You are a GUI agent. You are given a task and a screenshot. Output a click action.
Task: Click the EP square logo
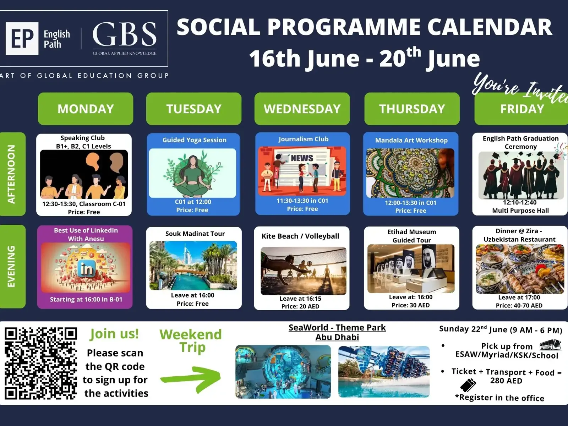click(22, 38)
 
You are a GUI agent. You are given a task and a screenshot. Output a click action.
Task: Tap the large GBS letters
click(125, 34)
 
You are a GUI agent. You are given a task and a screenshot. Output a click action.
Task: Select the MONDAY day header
click(86, 109)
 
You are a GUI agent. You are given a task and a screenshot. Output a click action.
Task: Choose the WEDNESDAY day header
click(302, 109)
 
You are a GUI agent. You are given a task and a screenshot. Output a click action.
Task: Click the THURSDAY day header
click(412, 109)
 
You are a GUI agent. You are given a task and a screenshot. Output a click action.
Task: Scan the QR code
click(41, 363)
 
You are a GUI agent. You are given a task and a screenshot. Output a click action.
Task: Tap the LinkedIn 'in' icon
click(86, 269)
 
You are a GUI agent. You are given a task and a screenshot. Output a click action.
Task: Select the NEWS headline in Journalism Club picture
click(302, 158)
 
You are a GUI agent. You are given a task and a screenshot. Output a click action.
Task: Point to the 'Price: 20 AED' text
click(300, 306)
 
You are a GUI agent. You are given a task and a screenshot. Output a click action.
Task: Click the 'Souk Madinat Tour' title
click(195, 234)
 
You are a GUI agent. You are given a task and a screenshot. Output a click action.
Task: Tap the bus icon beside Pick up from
click(550, 345)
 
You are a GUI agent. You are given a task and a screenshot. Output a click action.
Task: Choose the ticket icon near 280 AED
click(468, 385)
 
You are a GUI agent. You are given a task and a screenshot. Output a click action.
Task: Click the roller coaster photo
click(384, 372)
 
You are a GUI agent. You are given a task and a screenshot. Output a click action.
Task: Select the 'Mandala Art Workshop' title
click(411, 140)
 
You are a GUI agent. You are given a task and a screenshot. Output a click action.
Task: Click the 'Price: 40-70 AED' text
click(519, 305)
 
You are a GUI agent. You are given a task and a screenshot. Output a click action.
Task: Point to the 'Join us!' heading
click(114, 334)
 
